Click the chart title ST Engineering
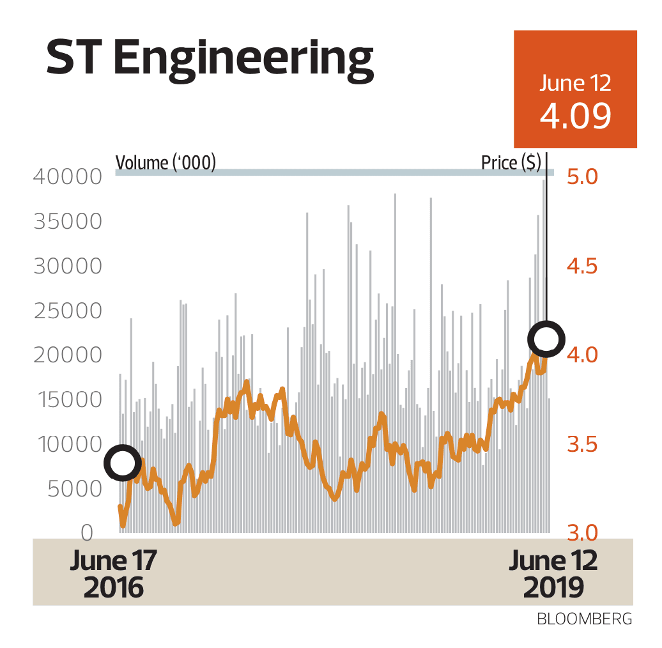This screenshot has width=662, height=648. pyautogui.click(x=209, y=60)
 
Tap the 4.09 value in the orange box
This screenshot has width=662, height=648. pyautogui.click(x=575, y=116)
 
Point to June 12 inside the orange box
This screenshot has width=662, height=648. pyautogui.click(x=575, y=83)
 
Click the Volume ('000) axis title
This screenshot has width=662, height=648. pyautogui.click(x=166, y=163)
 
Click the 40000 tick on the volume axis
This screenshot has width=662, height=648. pyautogui.click(x=67, y=177)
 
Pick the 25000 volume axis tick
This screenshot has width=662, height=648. pyautogui.click(x=67, y=311)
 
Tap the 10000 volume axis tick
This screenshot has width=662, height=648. pyautogui.click(x=67, y=445)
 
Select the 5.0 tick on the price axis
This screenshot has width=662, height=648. pyautogui.click(x=582, y=177)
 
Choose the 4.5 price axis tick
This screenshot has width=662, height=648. pyautogui.click(x=582, y=266)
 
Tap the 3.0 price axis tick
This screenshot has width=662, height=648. pyautogui.click(x=582, y=533)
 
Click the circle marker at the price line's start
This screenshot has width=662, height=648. pyautogui.click(x=123, y=463)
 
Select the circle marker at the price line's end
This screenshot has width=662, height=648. pyautogui.click(x=547, y=339)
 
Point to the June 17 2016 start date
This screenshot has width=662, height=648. pyautogui.click(x=114, y=574)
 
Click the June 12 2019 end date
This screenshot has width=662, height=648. pyautogui.click(x=553, y=574)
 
